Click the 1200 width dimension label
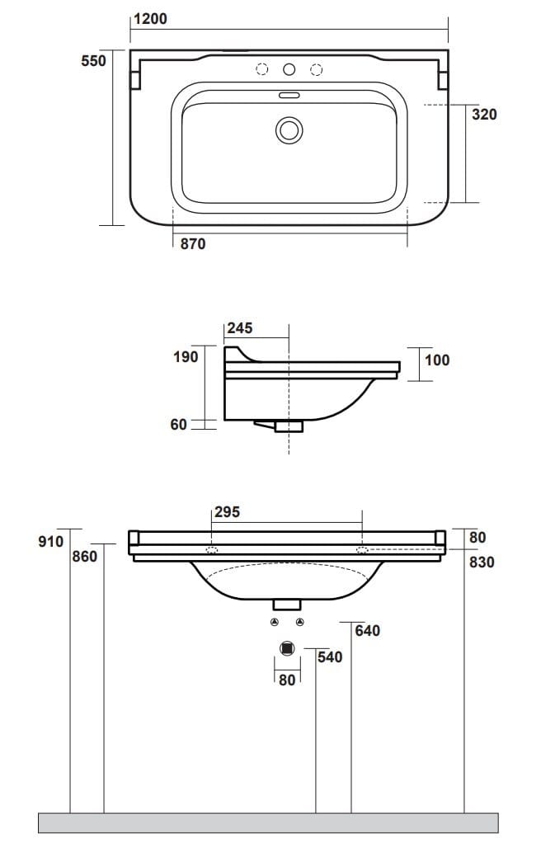150,19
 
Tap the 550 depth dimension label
94,60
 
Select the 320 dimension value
484,114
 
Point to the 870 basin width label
193,243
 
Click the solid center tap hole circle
289,69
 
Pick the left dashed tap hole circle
262,69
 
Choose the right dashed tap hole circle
317,69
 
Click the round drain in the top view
289,130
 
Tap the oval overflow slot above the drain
289,96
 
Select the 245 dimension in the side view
240,328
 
